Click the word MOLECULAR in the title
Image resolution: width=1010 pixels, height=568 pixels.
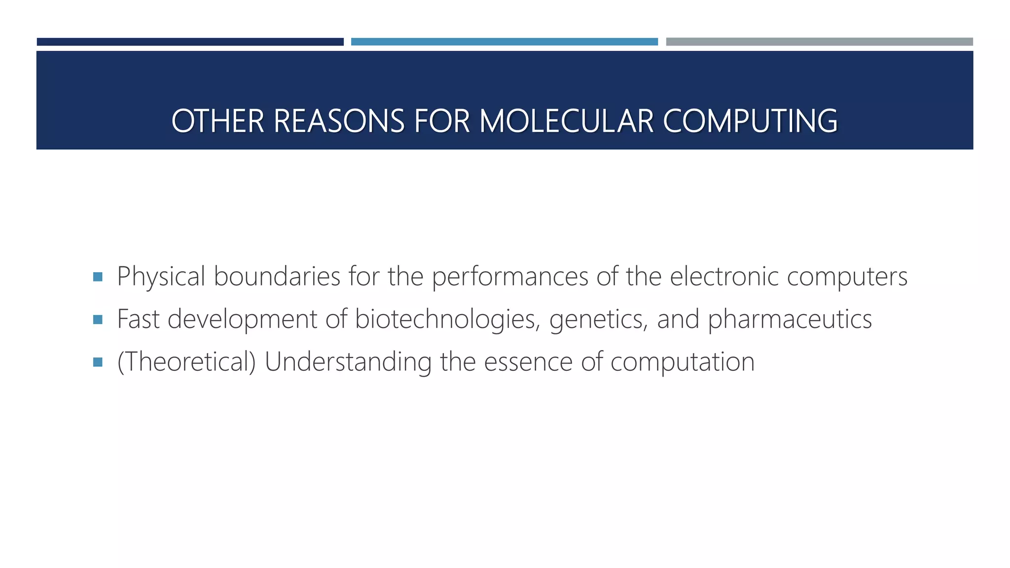tap(566, 121)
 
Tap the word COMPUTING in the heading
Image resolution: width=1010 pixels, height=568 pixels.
tap(750, 121)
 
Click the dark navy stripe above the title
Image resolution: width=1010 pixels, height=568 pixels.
tap(190, 42)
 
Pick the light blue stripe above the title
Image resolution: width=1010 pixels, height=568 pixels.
tap(504, 42)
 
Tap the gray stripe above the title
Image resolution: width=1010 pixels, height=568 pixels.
tap(819, 42)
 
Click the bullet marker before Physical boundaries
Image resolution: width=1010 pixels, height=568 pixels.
tap(98, 277)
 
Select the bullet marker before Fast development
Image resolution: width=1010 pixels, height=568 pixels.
tap(98, 319)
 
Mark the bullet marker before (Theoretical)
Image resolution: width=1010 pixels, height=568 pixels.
tap(98, 362)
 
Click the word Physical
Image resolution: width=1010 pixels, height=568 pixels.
tap(161, 277)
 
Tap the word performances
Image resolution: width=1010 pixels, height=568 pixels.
tap(510, 277)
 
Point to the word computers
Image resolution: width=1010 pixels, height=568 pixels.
tap(847, 277)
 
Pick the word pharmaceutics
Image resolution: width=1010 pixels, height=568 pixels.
tap(790, 319)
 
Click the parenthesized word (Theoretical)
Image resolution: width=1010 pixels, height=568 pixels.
tap(186, 362)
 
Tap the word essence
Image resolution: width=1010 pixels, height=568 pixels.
tap(528, 362)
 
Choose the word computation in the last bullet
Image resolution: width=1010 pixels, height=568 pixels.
tap(683, 363)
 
